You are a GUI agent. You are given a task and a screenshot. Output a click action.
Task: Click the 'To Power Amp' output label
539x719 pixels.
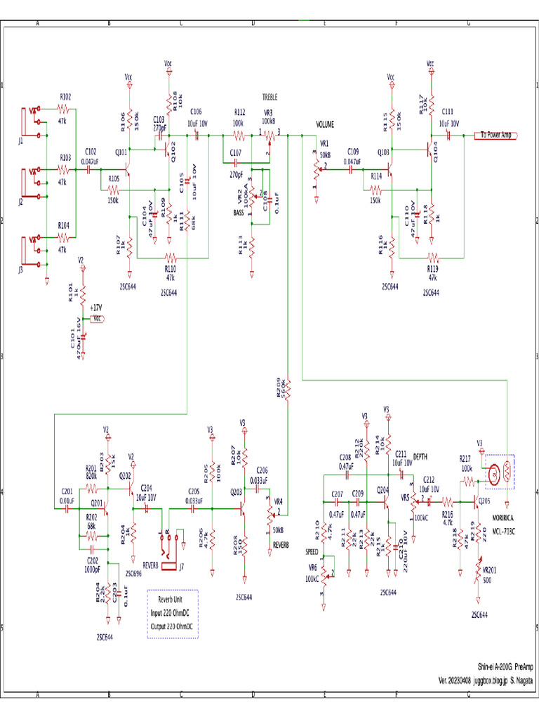coord(496,135)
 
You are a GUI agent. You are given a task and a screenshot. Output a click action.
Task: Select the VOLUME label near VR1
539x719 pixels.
coord(325,124)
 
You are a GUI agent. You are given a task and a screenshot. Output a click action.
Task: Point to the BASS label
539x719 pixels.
coord(240,212)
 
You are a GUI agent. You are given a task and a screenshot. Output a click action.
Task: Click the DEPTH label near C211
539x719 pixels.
coord(420,454)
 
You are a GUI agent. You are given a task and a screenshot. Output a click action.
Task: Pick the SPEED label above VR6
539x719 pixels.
coord(312,552)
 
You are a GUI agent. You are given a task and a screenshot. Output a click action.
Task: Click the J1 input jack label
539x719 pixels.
coord(21,141)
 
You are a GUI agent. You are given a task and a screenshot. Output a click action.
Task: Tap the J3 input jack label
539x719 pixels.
coord(21,269)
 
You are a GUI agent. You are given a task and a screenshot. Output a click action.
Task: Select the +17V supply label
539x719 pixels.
coord(95,308)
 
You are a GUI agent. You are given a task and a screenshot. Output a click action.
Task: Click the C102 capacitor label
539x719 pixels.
coord(91,151)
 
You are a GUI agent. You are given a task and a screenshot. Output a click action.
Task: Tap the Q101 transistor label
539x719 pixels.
coord(121,152)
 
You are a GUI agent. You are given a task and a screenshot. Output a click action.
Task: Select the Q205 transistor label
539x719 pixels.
coord(484,501)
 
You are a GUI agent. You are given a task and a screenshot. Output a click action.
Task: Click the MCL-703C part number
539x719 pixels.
coord(504,532)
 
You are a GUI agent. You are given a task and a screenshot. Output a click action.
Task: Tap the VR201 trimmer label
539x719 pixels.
coord(488,570)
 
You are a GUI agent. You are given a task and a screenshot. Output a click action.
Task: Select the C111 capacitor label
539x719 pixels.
coord(448,112)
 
